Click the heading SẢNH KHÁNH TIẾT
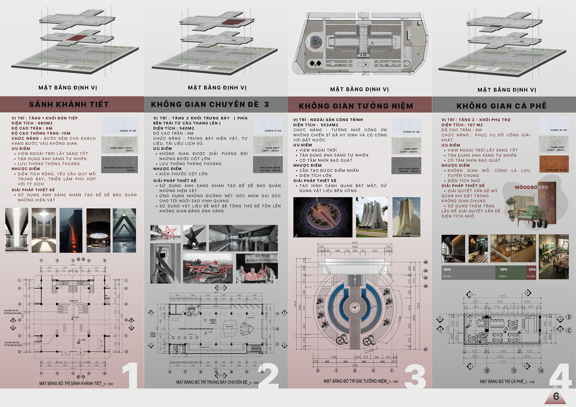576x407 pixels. tap(69, 104)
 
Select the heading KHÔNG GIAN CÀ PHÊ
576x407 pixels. tap(501, 106)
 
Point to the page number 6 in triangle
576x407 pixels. tap(556, 397)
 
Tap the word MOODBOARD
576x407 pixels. tap(531, 187)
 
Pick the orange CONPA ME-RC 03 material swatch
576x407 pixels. tap(554, 164)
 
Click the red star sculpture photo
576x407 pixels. tap(165, 233)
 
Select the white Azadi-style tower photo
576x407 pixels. tap(406, 217)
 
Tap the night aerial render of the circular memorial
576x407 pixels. tap(323, 217)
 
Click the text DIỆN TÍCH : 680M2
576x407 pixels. tap(32, 123)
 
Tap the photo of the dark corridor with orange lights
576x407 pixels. tap(71, 230)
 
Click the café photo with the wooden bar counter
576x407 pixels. tap(513, 248)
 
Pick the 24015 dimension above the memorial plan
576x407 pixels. tap(355, 243)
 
